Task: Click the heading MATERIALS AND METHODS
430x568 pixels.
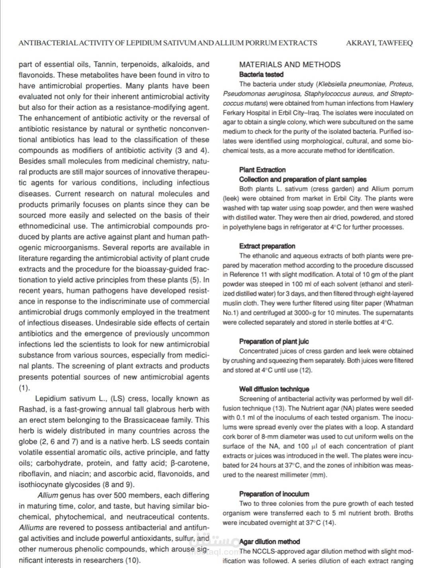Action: pyautogui.click(x=290, y=64)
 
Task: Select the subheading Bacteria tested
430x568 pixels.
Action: pyautogui.click(x=261, y=74)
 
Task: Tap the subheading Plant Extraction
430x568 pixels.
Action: pyautogui.click(x=262, y=170)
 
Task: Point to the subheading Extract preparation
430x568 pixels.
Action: pyautogui.click(x=267, y=246)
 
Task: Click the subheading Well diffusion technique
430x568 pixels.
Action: pyautogui.click(x=274, y=389)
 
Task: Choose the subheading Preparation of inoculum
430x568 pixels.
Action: pyautogui.click(x=274, y=494)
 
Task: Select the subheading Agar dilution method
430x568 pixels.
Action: pyautogui.click(x=270, y=542)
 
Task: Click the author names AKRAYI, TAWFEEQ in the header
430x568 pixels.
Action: pyautogui.click(x=379, y=43)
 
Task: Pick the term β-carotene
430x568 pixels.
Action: pyautogui.click(x=190, y=463)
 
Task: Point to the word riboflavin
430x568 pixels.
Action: pyautogui.click(x=35, y=474)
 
